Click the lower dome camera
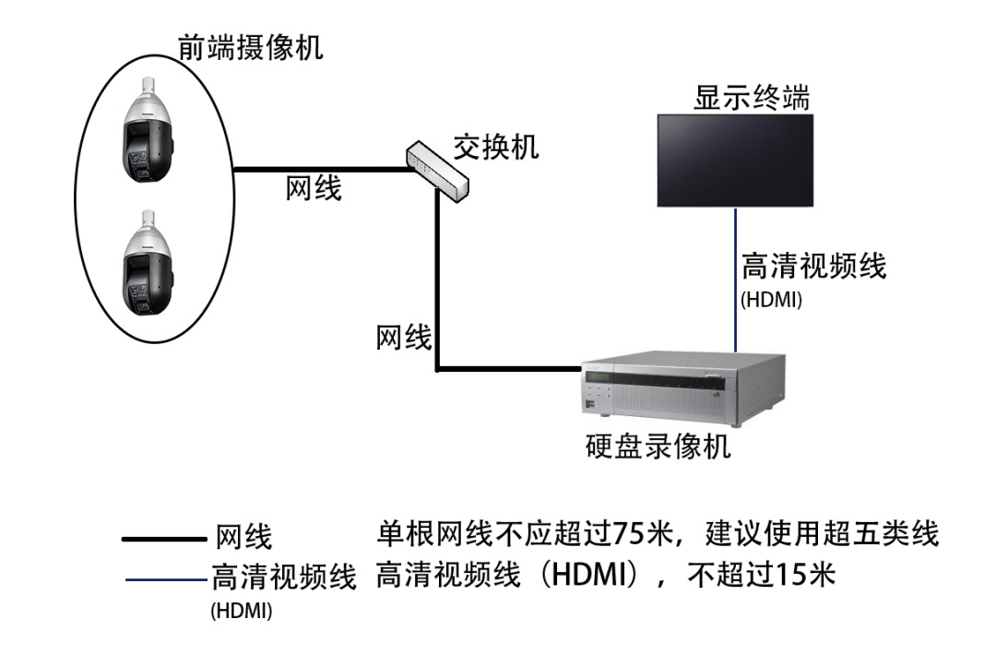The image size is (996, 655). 147,268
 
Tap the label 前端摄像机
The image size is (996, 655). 250,47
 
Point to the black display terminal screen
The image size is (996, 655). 735,160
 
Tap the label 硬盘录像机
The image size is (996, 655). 658,447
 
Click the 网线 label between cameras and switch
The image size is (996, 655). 314,189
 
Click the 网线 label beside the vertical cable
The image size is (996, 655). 404,338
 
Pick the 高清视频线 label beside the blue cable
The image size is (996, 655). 813,268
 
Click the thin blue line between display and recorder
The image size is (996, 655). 735,277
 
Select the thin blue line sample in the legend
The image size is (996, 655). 165,580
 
